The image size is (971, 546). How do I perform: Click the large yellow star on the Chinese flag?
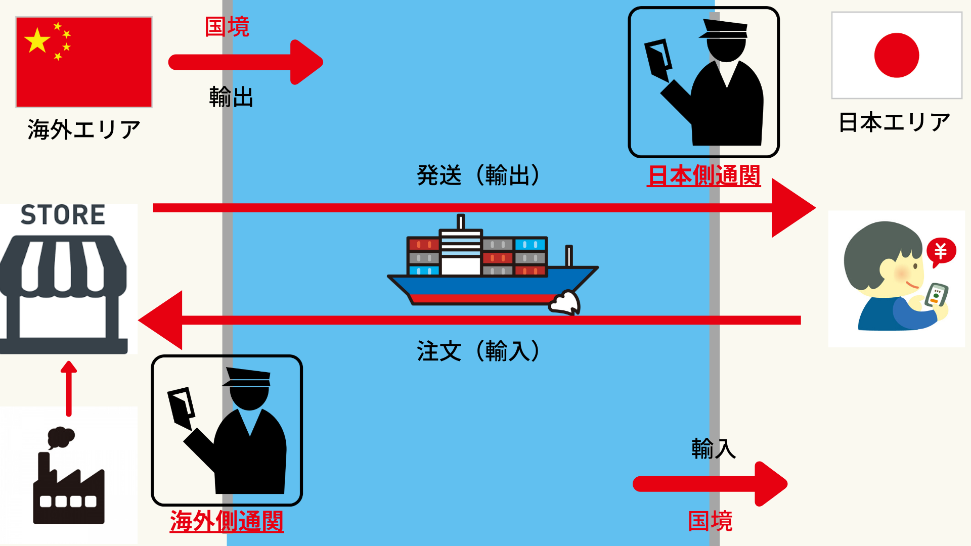pos(37,41)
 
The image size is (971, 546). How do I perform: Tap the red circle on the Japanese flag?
pos(896,55)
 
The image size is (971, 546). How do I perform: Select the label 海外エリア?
pos(84,130)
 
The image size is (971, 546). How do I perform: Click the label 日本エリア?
pos(894,123)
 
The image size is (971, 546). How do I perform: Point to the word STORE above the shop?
pos(63,215)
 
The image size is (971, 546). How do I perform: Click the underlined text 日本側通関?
pos(703,176)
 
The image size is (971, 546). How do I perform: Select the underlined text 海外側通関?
pos(227,521)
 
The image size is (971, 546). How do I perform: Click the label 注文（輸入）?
pos(478,351)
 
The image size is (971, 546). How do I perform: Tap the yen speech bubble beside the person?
pos(941,251)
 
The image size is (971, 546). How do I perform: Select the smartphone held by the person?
pos(936,296)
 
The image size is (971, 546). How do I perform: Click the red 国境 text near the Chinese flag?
pos(227,27)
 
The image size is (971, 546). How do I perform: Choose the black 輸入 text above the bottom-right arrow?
pos(713,449)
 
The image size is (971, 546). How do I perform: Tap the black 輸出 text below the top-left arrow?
pos(231,97)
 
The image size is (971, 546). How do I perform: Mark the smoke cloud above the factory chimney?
pos(61,437)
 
